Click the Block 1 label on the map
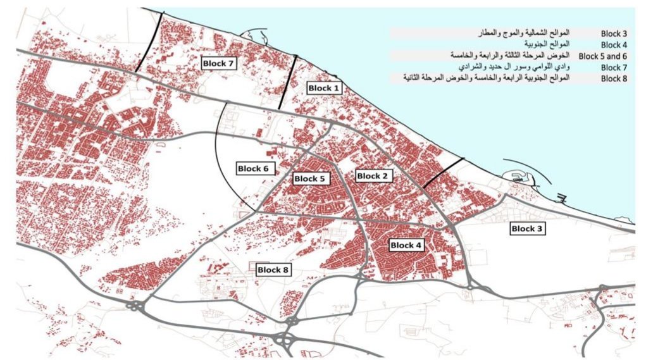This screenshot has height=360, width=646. pyautogui.click(x=323, y=89)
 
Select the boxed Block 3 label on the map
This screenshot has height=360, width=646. pyautogui.click(x=527, y=229)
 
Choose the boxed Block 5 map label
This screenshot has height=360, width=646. pyautogui.click(x=309, y=179)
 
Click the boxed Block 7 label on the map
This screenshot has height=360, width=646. pyautogui.click(x=218, y=63)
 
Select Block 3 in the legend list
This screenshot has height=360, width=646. pyautogui.click(x=613, y=34)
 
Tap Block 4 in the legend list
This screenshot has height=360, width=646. pyautogui.click(x=613, y=45)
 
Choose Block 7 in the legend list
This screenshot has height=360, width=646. pyautogui.click(x=613, y=67)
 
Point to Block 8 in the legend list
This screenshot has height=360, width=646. pyautogui.click(x=613, y=78)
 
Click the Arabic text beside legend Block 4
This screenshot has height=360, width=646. pyautogui.click(x=544, y=44)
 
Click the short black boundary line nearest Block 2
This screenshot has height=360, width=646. pyautogui.click(x=443, y=172)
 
